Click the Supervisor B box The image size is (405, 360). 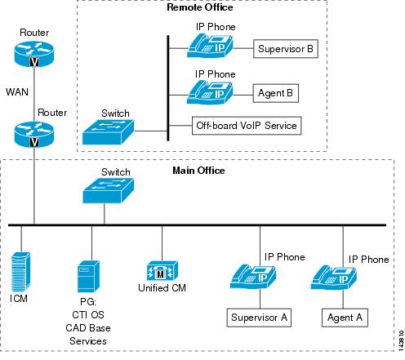click(286, 49)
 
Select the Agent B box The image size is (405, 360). click(275, 93)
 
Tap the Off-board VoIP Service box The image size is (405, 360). click(247, 126)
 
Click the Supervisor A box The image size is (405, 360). click(259, 318)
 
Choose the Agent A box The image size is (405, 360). click(345, 318)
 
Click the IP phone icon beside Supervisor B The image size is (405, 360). click(210, 46)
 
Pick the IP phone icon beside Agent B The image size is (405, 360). click(210, 92)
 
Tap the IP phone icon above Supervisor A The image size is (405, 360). click(253, 277)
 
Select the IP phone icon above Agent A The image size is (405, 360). click(334, 278)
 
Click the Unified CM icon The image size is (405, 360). click(162, 271)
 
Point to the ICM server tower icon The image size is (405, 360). click(20, 272)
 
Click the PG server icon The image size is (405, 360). click(88, 277)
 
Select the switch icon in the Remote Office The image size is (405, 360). click(108, 132)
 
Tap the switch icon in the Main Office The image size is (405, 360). click(108, 191)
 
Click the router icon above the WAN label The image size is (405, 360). click(34, 54)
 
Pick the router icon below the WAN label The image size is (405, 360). click(34, 135)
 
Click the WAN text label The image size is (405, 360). click(17, 91)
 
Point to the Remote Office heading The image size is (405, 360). click(200, 7)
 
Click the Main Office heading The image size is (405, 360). click(198, 171)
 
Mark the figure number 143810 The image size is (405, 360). click(401, 340)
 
